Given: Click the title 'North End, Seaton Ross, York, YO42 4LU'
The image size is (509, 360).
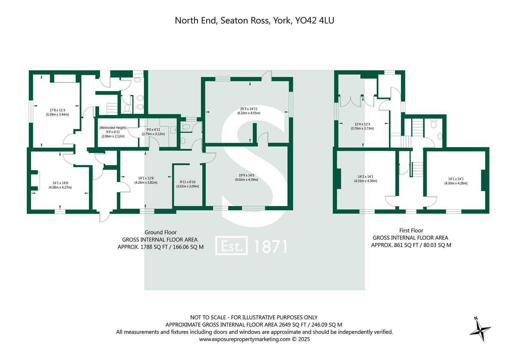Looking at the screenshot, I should click(254, 21).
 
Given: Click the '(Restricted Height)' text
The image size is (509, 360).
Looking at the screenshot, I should click(113, 128).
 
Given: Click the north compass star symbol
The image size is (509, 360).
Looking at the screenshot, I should click(480, 330).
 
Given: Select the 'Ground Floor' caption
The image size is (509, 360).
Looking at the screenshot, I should click(160, 232).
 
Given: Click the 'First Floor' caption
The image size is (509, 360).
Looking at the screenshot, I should click(411, 230).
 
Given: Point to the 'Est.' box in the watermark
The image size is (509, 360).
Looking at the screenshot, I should click(231, 246).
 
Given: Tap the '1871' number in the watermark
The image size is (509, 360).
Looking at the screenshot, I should click(270, 246).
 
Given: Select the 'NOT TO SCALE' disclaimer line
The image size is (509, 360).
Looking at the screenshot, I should click(254, 317).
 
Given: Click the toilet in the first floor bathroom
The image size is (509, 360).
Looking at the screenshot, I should click(433, 124).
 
